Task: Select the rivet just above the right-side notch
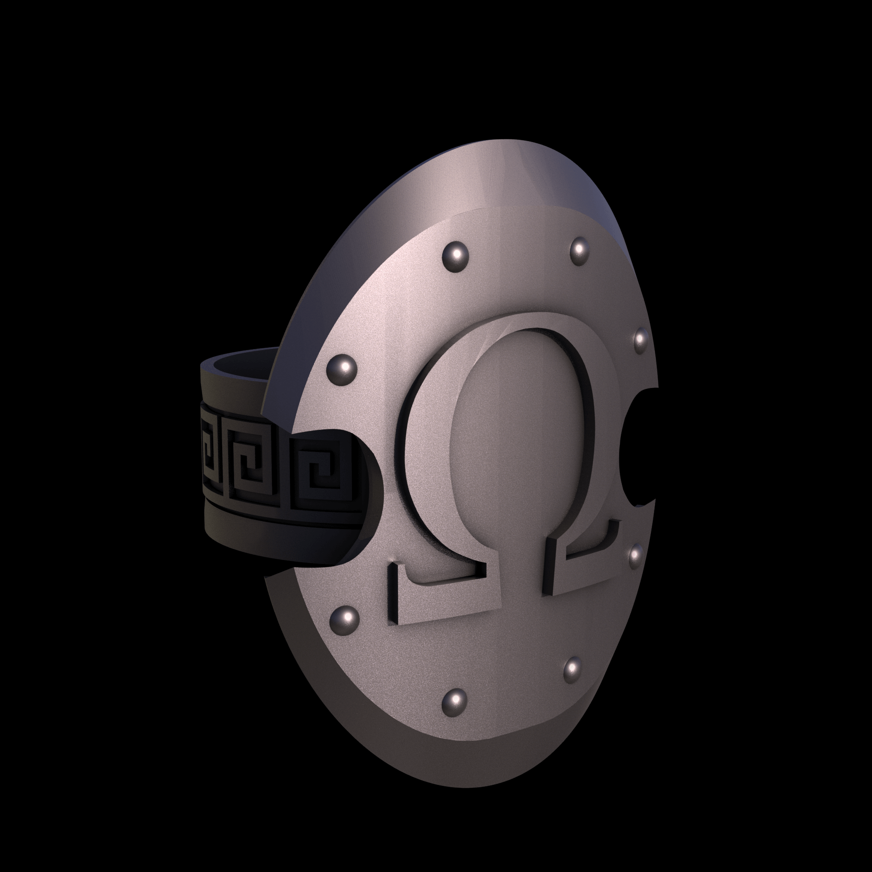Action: point(639,339)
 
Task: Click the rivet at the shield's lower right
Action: point(573,667)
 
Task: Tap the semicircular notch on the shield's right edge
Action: point(638,447)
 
